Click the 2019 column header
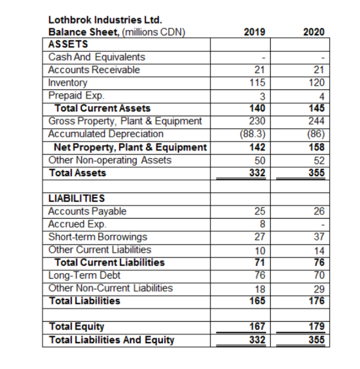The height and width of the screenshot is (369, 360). click(255, 32)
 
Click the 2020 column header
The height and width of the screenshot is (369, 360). click(314, 32)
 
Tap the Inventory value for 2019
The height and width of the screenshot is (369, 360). click(258, 83)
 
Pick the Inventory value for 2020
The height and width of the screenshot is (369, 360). click(317, 83)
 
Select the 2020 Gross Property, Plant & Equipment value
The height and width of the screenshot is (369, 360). click(317, 121)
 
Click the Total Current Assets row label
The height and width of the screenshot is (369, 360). click(102, 108)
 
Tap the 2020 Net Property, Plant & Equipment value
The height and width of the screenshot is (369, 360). click(317, 147)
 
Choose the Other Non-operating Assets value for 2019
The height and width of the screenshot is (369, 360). click(260, 160)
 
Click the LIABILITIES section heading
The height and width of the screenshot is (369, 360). click(76, 198)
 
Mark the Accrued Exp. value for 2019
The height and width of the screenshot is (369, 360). click(263, 224)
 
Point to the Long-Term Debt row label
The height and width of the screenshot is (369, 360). click(84, 275)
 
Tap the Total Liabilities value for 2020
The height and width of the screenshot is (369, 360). click(317, 301)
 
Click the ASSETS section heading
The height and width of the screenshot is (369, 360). click(68, 44)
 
